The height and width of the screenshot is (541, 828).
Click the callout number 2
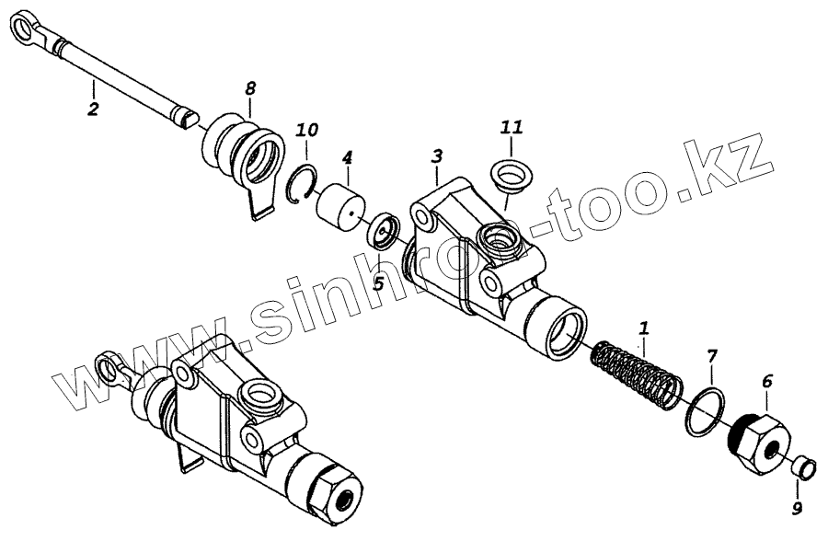pos(91,109)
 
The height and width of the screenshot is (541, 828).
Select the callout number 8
pos(250,89)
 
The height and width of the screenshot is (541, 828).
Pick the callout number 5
pos(378,282)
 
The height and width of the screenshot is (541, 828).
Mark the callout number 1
pos(644,326)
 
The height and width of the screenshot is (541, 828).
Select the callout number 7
pos(711,355)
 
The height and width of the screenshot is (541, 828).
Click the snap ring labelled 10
pos(303,184)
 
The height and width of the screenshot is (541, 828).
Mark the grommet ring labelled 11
pos(509,175)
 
